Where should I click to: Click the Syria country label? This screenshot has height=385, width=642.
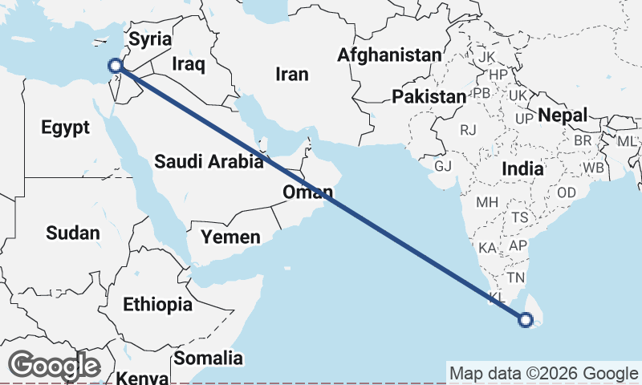(151, 38)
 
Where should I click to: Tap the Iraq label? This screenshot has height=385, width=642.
(189, 63)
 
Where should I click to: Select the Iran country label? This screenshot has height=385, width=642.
(291, 74)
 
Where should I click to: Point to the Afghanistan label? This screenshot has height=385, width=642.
(390, 55)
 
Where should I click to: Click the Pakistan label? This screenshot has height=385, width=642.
(429, 97)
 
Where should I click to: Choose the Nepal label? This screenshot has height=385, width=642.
(563, 115)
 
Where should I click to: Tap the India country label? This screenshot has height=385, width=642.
(522, 169)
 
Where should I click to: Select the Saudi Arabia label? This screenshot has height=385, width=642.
(209, 161)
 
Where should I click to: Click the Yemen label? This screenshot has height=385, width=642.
(231, 237)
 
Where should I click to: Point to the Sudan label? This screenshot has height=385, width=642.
(73, 233)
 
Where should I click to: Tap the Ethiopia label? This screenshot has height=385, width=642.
(157, 305)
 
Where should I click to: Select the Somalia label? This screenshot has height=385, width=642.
(209, 358)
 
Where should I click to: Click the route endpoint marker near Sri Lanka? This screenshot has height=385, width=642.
(526, 321)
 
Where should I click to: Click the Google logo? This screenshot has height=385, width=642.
(54, 367)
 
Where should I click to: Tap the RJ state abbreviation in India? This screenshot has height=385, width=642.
(468, 129)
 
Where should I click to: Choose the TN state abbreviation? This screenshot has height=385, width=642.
(516, 278)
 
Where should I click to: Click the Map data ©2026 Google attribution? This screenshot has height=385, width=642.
(543, 374)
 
